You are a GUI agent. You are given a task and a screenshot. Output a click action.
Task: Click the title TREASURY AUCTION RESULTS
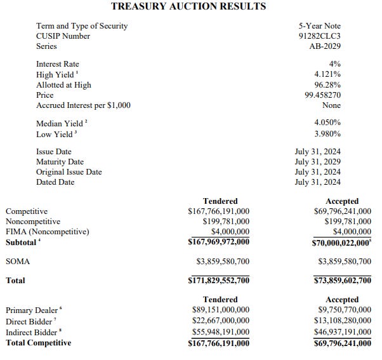(188, 6)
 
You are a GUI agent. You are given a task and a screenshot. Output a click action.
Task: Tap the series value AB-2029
(323, 46)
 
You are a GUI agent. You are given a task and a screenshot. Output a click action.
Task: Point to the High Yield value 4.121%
(327, 74)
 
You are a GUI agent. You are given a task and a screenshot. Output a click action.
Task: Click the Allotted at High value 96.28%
(327, 84)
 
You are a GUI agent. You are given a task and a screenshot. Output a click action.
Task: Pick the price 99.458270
(322, 95)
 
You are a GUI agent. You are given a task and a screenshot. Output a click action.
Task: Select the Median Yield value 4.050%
(327, 122)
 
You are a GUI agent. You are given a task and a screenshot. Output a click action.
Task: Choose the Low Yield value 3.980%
(327, 133)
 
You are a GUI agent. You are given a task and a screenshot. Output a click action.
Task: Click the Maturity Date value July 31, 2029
(319, 162)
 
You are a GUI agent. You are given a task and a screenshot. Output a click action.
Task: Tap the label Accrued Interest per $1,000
(83, 105)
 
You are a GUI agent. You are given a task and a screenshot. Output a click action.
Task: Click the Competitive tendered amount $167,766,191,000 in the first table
(219, 211)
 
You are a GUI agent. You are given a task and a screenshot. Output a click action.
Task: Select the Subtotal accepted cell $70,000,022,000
(341, 242)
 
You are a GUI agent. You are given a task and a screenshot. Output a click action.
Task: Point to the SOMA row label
(18, 261)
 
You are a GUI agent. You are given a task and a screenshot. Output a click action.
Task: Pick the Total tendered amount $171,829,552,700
(219, 280)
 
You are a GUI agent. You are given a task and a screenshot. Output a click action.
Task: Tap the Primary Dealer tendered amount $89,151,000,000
(221, 310)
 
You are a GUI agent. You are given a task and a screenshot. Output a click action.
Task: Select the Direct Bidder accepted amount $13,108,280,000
(343, 321)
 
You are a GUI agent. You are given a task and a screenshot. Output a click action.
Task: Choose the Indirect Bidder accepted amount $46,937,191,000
(343, 331)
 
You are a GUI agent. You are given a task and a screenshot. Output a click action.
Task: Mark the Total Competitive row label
(38, 343)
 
